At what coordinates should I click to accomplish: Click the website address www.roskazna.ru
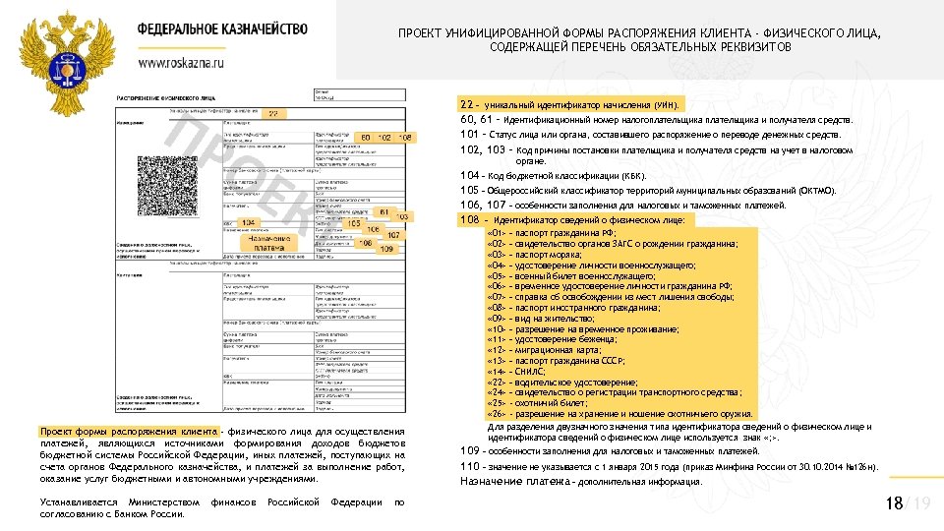(181, 62)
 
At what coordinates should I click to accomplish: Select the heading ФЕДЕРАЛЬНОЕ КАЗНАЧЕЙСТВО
(222, 30)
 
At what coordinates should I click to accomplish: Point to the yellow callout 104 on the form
(249, 223)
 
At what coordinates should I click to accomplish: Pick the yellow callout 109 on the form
(386, 249)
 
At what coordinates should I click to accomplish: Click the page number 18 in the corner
(894, 503)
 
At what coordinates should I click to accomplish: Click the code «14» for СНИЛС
(497, 373)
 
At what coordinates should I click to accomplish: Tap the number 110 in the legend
(470, 465)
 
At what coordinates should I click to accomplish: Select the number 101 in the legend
(470, 135)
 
